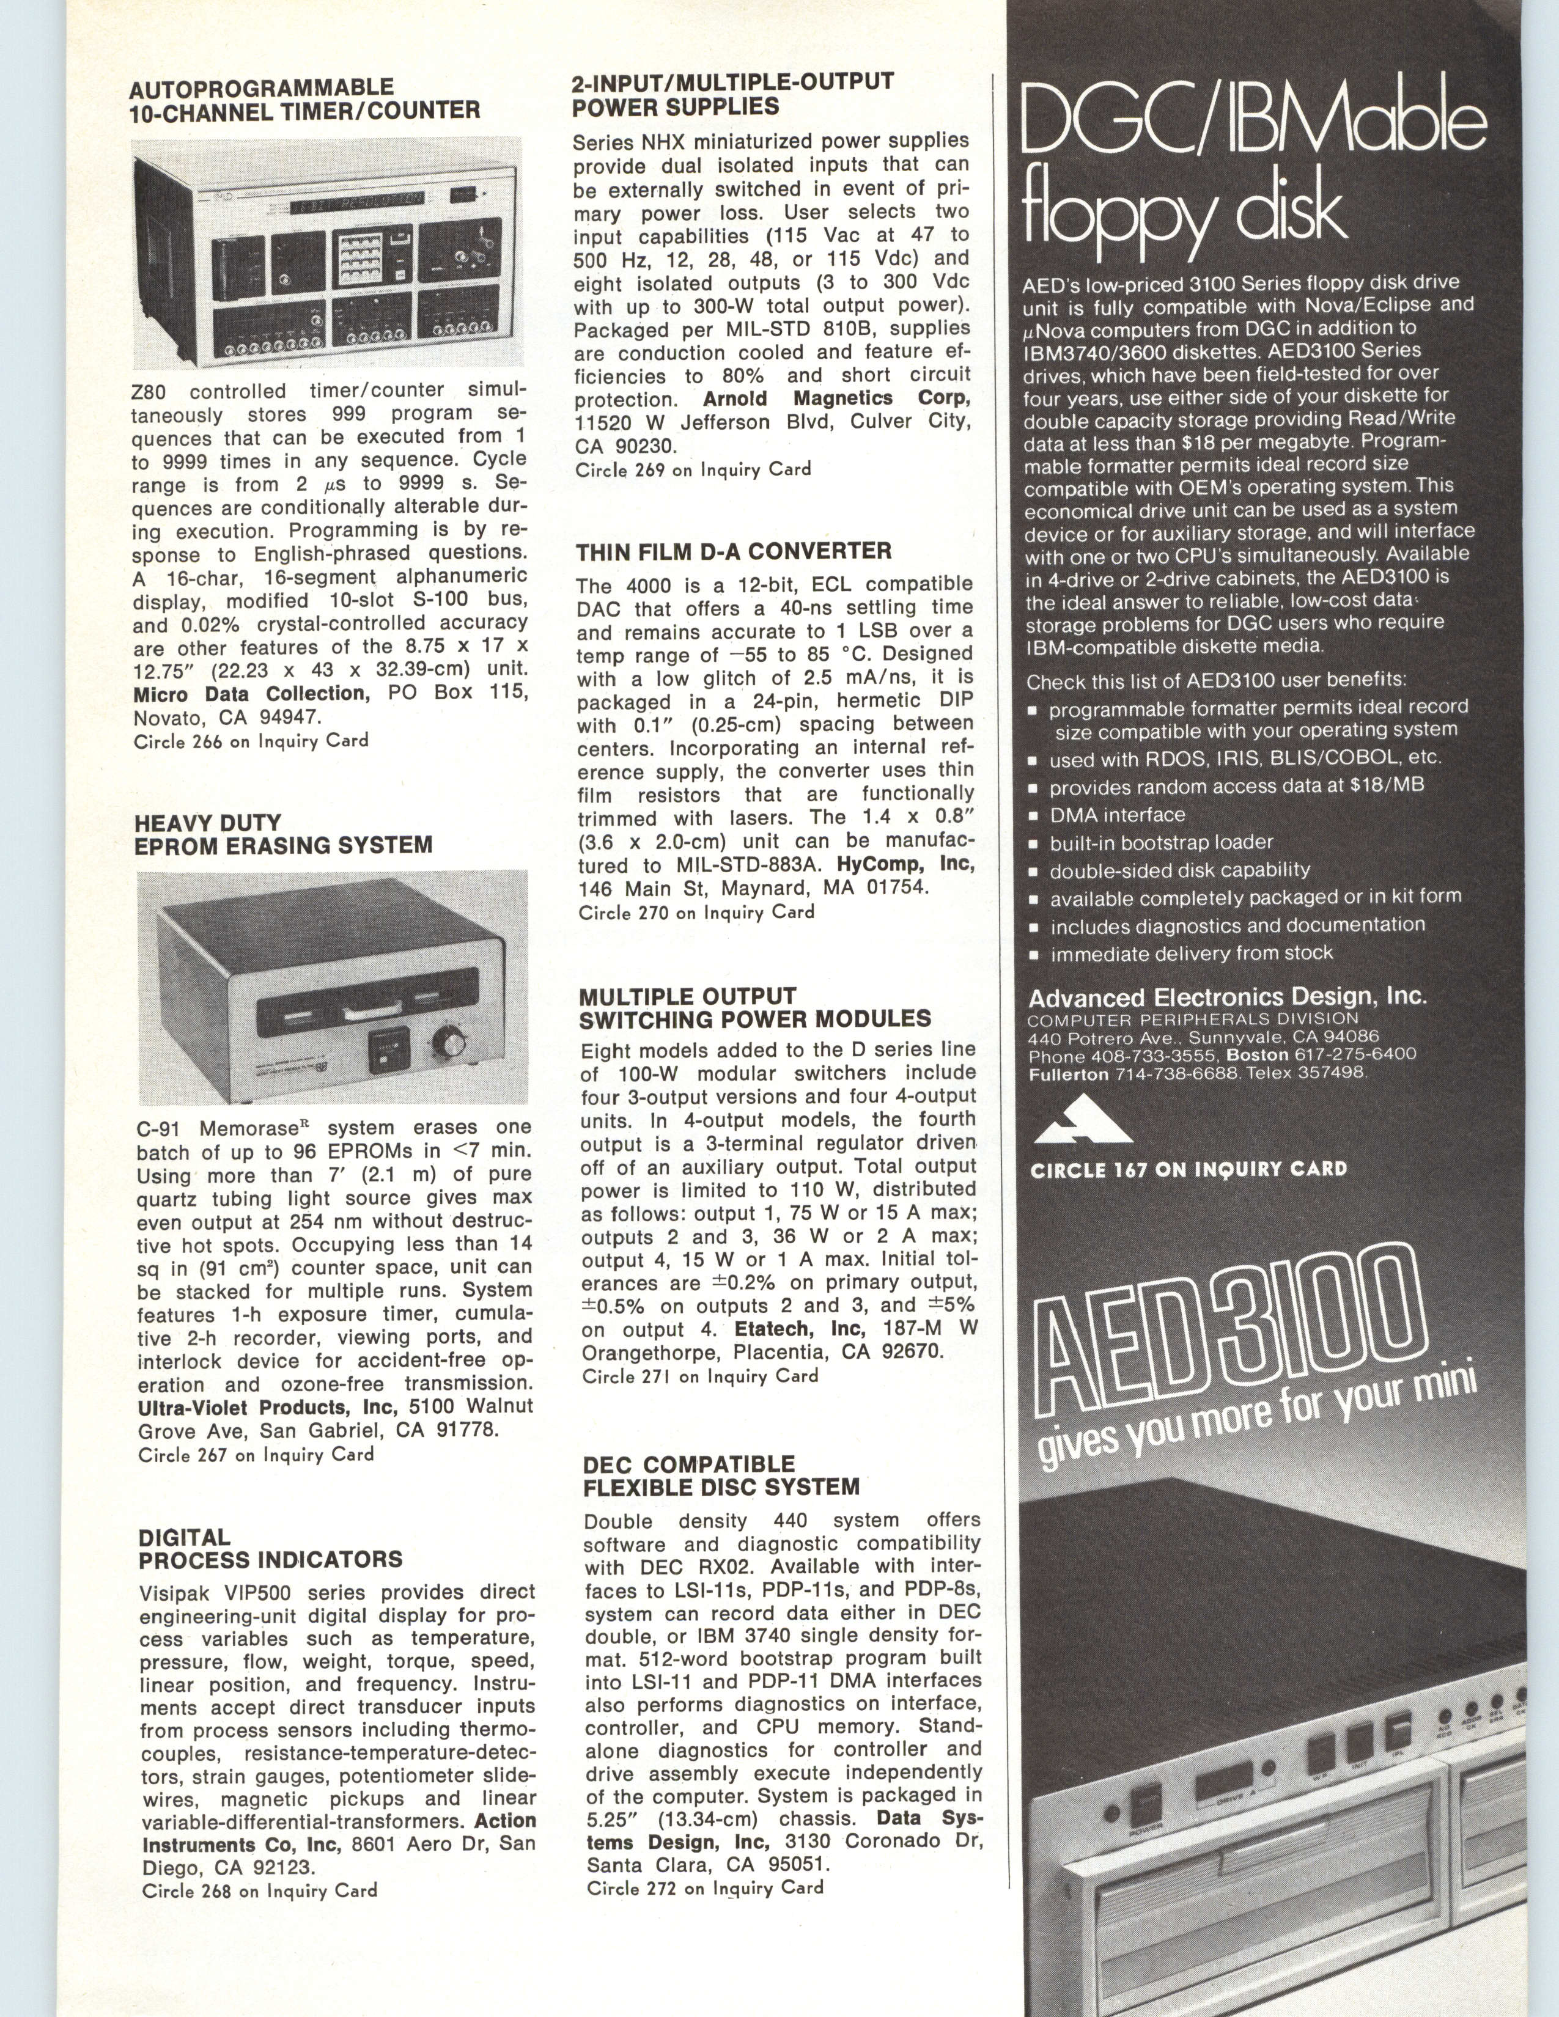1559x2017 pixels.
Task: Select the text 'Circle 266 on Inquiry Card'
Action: pyautogui.click(x=251, y=741)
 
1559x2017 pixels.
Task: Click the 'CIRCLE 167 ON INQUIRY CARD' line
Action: pyautogui.click(x=1189, y=1169)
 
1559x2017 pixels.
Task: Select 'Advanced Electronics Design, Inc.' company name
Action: pyautogui.click(x=1228, y=997)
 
